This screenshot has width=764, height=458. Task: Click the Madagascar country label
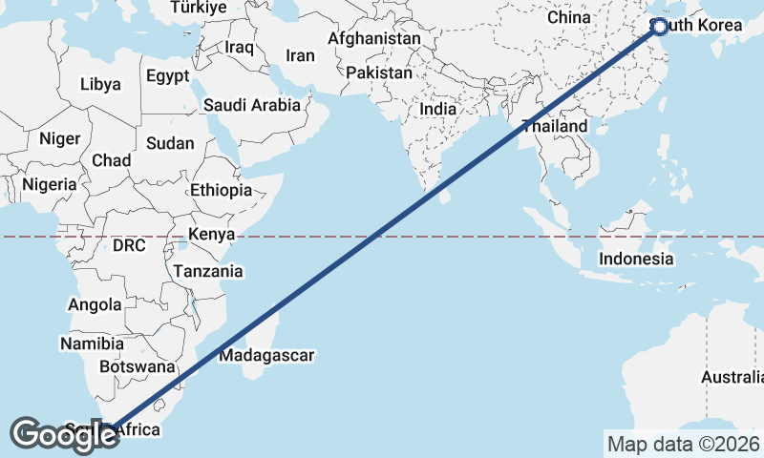tap(266, 356)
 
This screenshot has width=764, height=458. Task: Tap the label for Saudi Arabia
tap(252, 106)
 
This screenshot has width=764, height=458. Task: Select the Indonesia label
tap(636, 259)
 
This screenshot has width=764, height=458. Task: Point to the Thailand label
tap(555, 126)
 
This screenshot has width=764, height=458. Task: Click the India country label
tap(438, 109)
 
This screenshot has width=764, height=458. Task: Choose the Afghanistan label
tap(374, 39)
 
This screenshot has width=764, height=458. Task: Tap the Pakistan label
tap(379, 73)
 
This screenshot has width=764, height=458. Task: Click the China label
tap(569, 17)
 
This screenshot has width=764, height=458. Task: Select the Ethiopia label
tap(221, 190)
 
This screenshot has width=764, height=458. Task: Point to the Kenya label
tap(211, 235)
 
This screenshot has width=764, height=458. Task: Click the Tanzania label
tap(207, 271)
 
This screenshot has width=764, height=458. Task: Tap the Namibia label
tap(92, 343)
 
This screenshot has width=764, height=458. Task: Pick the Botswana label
tap(138, 366)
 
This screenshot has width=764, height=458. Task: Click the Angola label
tap(95, 305)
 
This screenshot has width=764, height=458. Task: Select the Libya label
tap(100, 84)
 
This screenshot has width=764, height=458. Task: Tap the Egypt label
tap(168, 76)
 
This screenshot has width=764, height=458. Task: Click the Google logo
tap(64, 435)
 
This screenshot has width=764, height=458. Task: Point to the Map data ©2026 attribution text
tap(683, 444)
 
